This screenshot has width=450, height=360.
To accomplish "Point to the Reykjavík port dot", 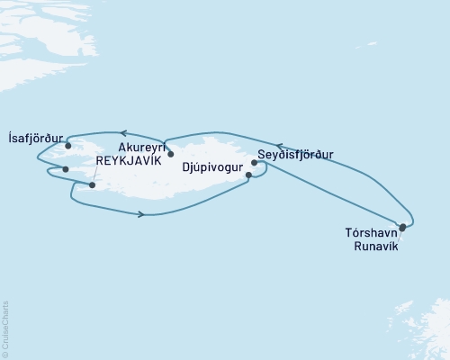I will pyautogui.click(x=93, y=185).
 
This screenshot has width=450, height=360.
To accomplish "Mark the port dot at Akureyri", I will pyautogui.click(x=171, y=154).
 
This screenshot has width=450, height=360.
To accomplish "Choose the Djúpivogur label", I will pyautogui.click(x=214, y=166).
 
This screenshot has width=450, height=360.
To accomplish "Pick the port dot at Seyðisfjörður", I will pyautogui.click(x=255, y=163).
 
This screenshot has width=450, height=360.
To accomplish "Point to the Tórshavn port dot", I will pyautogui.click(x=402, y=228).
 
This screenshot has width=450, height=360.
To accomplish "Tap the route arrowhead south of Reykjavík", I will pyautogui.click(x=140, y=214).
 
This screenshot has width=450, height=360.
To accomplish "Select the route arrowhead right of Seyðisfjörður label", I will pyautogui.click(x=279, y=144).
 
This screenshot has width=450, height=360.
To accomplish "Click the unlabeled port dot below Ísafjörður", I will pyautogui.click(x=65, y=168).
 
